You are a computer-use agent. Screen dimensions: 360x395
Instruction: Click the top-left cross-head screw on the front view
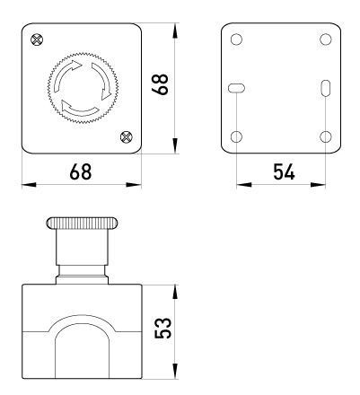pyautogui.click(x=37, y=39)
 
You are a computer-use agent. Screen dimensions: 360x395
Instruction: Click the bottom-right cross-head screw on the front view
pyautogui.click(x=127, y=137)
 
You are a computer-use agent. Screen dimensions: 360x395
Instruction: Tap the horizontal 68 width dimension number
pyautogui.click(x=81, y=171)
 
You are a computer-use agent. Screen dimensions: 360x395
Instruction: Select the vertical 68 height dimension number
pyautogui.click(x=161, y=84)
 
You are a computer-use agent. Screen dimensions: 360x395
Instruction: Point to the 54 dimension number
pyautogui.click(x=284, y=171)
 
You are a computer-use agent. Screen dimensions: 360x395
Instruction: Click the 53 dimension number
pyautogui.click(x=163, y=328)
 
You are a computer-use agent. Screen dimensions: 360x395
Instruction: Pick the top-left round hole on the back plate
pyautogui.click(x=236, y=39)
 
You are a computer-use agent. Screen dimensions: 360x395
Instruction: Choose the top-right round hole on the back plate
pyautogui.click(x=326, y=39)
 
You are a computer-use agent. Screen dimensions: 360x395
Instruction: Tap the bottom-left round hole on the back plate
pyautogui.click(x=236, y=136)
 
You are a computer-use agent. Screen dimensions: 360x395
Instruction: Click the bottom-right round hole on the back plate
pyautogui.click(x=326, y=136)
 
